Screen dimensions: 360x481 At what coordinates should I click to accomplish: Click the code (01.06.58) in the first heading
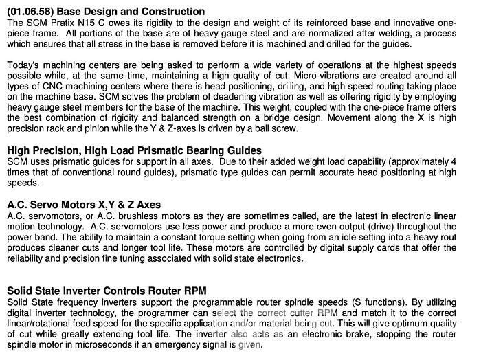30,12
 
